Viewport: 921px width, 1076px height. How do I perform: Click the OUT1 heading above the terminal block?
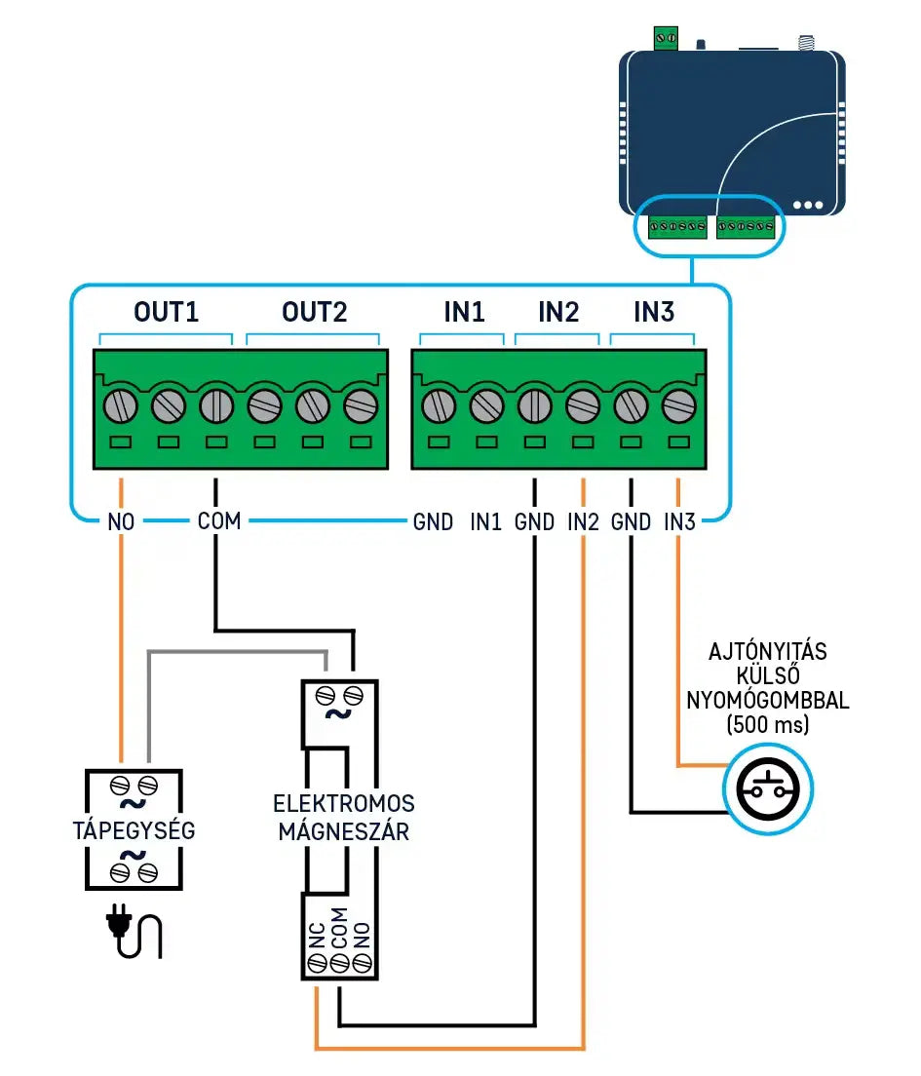pos(166,313)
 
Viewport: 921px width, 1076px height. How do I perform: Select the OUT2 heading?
pos(314,313)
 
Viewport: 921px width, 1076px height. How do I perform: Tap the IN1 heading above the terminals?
pos(464,313)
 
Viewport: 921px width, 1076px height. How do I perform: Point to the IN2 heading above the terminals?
pos(558,313)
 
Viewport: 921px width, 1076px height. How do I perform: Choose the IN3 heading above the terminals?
pos(653,313)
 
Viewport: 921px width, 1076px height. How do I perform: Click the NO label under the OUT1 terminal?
pos(120,522)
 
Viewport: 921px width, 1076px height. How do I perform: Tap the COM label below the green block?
pos(218,521)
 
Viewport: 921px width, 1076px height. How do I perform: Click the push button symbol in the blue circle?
pos(767,789)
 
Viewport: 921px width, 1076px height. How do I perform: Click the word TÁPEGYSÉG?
pos(134,831)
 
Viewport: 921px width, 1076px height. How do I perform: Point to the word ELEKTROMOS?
pos(343,804)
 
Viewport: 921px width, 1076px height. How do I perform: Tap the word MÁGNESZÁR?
pos(343,832)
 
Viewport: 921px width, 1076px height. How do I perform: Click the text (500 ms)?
pos(767,725)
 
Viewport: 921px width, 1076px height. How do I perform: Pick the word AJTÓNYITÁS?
pos(767,652)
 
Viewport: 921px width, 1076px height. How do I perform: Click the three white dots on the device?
pos(808,206)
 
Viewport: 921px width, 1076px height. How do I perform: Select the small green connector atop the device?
pos(666,38)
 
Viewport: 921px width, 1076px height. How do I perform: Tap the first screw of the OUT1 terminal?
pos(120,404)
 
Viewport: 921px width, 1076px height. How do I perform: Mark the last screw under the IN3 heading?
pos(677,404)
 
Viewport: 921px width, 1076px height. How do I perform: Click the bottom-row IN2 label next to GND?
pos(583,522)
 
